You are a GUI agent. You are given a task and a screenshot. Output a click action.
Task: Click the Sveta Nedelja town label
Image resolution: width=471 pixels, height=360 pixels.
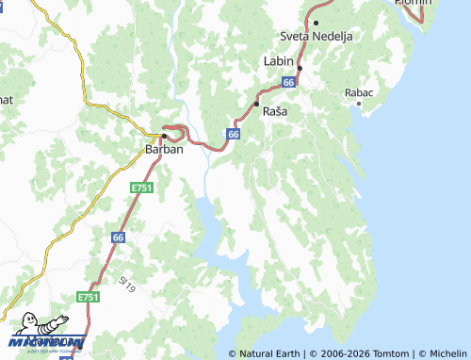click(x=317, y=36)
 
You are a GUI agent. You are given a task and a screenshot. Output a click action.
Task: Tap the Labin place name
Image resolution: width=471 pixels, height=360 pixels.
click(x=279, y=60)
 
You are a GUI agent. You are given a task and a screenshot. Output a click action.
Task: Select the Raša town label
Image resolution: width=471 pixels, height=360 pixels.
click(x=275, y=111)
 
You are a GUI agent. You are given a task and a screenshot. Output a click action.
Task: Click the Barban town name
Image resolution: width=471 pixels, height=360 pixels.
click(x=164, y=149)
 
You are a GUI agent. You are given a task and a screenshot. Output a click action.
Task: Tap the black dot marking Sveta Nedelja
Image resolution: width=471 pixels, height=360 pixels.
click(x=317, y=23)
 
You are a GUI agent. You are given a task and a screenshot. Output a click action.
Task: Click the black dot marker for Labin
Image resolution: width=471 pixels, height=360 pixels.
click(x=300, y=68)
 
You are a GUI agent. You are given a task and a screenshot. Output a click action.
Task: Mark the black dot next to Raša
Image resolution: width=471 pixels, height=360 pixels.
click(x=256, y=104)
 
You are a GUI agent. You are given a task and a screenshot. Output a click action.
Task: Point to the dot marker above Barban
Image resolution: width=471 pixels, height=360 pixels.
click(x=164, y=136)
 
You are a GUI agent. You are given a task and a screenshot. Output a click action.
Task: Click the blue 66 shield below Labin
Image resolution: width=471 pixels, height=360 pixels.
click(x=288, y=83)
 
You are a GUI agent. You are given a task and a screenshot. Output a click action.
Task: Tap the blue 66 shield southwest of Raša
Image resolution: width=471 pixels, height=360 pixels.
click(x=233, y=135)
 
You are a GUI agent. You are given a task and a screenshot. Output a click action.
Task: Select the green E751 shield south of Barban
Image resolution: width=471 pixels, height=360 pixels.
click(x=141, y=188)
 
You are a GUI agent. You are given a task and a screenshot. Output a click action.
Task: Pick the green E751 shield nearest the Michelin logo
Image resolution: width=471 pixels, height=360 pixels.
click(x=89, y=297)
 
